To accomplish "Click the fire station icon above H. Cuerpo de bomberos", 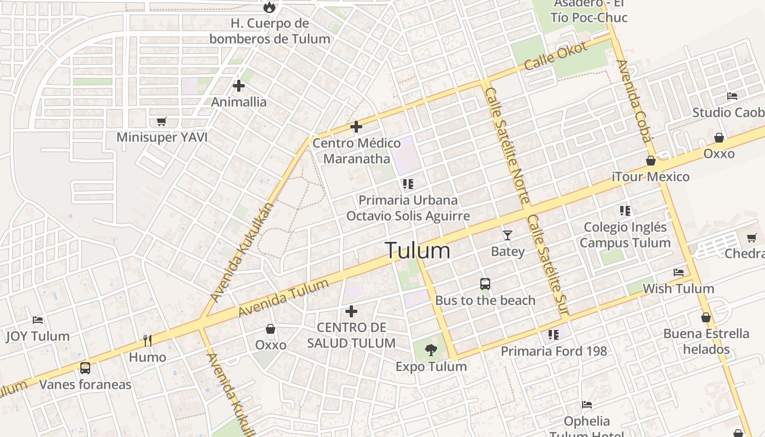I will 269,7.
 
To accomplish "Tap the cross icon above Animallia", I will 239,86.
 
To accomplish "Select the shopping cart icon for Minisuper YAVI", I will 161,121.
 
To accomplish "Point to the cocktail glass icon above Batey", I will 508,235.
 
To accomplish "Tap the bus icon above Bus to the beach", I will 485,284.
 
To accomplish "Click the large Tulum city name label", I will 418,251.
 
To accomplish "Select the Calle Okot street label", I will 556,56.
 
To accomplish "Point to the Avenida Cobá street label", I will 634,101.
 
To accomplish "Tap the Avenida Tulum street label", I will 284,298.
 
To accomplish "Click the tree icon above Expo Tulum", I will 431,350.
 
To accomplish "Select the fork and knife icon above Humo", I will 147,341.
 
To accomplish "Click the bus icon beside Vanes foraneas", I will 85,368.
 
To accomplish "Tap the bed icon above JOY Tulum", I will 38,320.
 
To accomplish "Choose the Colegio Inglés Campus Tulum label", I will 626,235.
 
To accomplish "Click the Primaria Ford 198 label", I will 554,351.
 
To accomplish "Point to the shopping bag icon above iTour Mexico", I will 651,161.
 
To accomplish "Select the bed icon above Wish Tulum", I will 679,272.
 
